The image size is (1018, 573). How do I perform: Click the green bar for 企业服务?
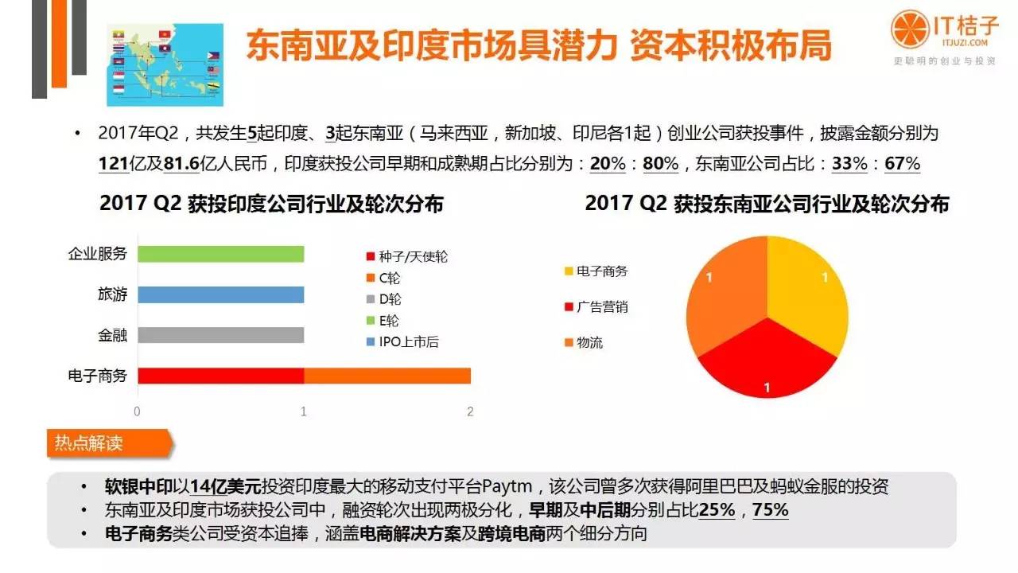tap(220, 254)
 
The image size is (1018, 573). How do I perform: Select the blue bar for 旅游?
tap(220, 294)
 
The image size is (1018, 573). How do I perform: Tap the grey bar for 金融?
tap(220, 335)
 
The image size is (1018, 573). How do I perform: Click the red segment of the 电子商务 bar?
tap(220, 376)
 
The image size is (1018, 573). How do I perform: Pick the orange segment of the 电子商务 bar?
tap(387, 376)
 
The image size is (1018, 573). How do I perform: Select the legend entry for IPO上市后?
tap(402, 342)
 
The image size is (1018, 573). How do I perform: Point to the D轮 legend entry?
tap(389, 299)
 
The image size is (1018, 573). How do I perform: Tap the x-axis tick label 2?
tap(470, 411)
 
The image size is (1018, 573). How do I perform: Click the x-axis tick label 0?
tap(138, 411)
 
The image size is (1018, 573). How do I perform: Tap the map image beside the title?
tap(165, 64)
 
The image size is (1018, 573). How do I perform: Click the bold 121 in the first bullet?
tap(114, 165)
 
